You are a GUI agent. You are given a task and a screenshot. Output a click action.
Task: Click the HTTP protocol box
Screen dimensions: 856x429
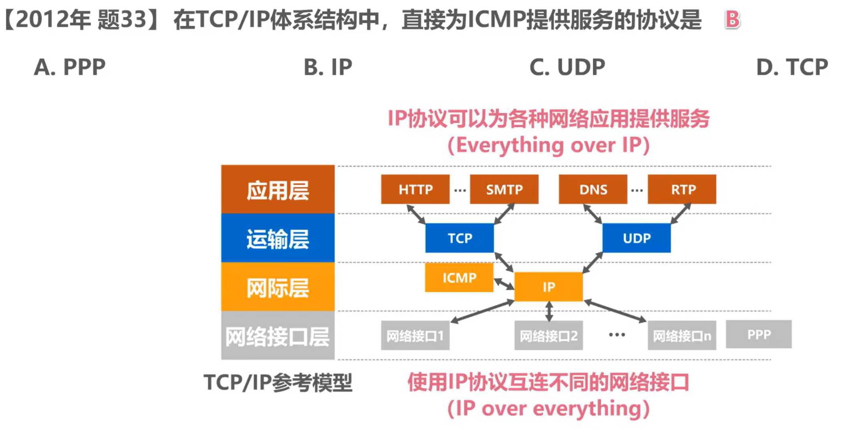415,189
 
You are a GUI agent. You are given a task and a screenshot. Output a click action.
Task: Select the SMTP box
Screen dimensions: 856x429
504,189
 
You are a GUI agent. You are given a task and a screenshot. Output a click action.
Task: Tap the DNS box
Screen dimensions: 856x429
593,189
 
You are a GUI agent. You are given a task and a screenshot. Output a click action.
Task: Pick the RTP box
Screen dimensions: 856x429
682,189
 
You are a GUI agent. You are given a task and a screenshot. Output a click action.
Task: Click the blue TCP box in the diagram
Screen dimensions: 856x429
459,238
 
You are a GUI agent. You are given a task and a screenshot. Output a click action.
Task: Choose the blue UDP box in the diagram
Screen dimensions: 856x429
636,238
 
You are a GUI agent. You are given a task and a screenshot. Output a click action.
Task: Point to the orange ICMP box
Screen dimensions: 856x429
459,277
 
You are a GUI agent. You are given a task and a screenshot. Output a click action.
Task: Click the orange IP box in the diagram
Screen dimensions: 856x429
548,287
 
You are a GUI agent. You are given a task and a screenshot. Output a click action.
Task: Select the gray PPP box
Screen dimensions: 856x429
759,334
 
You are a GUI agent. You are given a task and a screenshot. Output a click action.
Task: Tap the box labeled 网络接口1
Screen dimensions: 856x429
415,335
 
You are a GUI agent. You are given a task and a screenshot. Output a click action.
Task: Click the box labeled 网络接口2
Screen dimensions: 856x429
548,335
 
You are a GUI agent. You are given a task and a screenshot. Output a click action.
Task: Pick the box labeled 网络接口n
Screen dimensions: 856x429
682,335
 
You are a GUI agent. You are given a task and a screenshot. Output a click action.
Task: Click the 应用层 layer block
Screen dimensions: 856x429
278,189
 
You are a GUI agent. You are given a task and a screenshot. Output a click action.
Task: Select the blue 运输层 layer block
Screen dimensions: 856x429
278,238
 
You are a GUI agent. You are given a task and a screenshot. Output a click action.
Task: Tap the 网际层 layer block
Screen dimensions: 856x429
278,287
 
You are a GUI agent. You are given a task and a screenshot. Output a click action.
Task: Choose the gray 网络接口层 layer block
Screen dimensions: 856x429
278,335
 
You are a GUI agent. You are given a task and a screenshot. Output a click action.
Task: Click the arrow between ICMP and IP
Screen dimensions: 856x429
504,284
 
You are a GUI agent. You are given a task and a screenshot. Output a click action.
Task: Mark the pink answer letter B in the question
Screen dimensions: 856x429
732,19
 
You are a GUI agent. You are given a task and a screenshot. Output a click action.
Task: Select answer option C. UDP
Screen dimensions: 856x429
567,67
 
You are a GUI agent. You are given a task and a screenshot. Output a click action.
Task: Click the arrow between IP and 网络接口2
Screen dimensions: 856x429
549,311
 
